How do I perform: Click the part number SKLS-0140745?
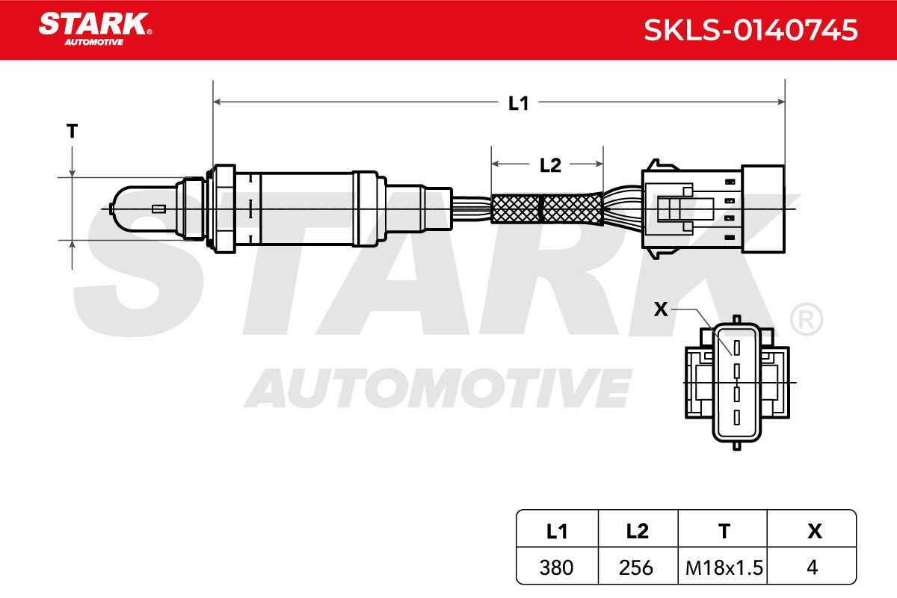[750, 30]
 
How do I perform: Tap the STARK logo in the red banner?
[96, 29]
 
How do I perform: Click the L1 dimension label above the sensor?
[518, 103]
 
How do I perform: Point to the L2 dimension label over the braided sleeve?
[550, 165]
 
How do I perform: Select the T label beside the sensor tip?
[72, 131]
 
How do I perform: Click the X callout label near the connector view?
[661, 309]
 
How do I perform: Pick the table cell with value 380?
[556, 567]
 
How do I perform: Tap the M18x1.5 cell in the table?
[724, 567]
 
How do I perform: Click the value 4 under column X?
[812, 567]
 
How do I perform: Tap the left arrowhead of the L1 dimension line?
[218, 102]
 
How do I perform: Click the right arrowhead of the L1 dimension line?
[780, 102]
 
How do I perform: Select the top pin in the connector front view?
[736, 348]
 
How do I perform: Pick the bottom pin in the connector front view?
[736, 417]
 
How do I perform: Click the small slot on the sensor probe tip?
[159, 209]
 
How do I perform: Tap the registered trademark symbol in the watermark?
[806, 319]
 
